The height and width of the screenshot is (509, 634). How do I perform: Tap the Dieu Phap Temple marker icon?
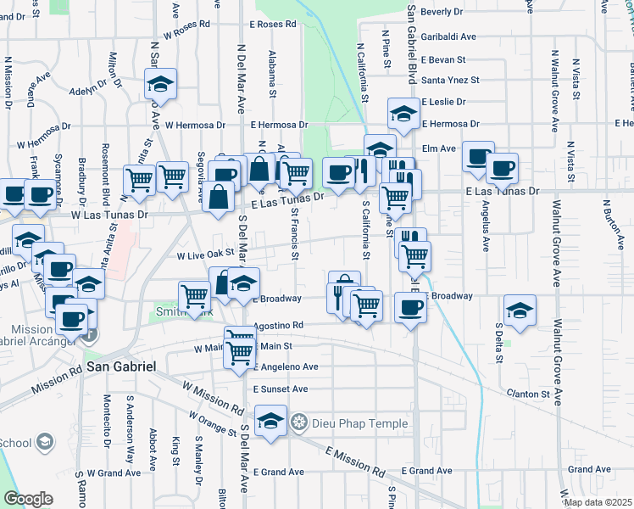(x=298, y=422)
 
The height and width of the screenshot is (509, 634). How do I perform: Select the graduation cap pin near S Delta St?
(x=520, y=310)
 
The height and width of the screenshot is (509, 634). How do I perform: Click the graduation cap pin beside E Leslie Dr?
(x=404, y=113)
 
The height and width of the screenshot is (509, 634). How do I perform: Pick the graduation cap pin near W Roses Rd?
(x=159, y=83)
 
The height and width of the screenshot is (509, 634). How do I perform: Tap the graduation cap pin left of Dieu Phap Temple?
(x=270, y=422)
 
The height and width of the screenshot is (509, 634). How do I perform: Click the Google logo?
(x=28, y=499)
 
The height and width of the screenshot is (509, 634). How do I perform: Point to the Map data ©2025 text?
(x=598, y=502)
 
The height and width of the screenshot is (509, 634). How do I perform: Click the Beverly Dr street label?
(x=442, y=12)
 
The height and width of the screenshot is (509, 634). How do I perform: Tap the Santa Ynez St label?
(x=451, y=80)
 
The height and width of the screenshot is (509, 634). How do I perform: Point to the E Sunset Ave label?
(x=280, y=389)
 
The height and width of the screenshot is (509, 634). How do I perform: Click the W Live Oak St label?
(x=205, y=255)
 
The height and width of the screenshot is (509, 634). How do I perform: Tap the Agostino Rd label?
(x=279, y=325)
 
